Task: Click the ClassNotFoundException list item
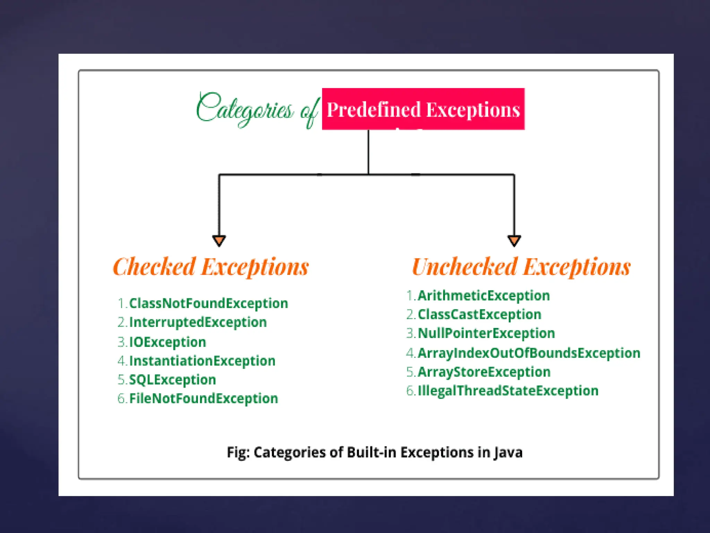208,303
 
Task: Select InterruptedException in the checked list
198,322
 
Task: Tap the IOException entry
167,342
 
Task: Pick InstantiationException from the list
202,361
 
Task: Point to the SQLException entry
172,380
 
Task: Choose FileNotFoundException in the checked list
204,398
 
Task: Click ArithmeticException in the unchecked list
484,296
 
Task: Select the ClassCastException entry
479,314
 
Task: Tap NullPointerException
486,333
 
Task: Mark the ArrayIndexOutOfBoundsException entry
529,353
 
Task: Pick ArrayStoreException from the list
484,372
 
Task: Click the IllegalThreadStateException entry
508,391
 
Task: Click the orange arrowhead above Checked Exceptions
219,240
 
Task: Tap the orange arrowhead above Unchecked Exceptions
514,240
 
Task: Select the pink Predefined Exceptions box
423,109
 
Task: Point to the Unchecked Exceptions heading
521,267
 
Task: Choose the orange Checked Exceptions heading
211,267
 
